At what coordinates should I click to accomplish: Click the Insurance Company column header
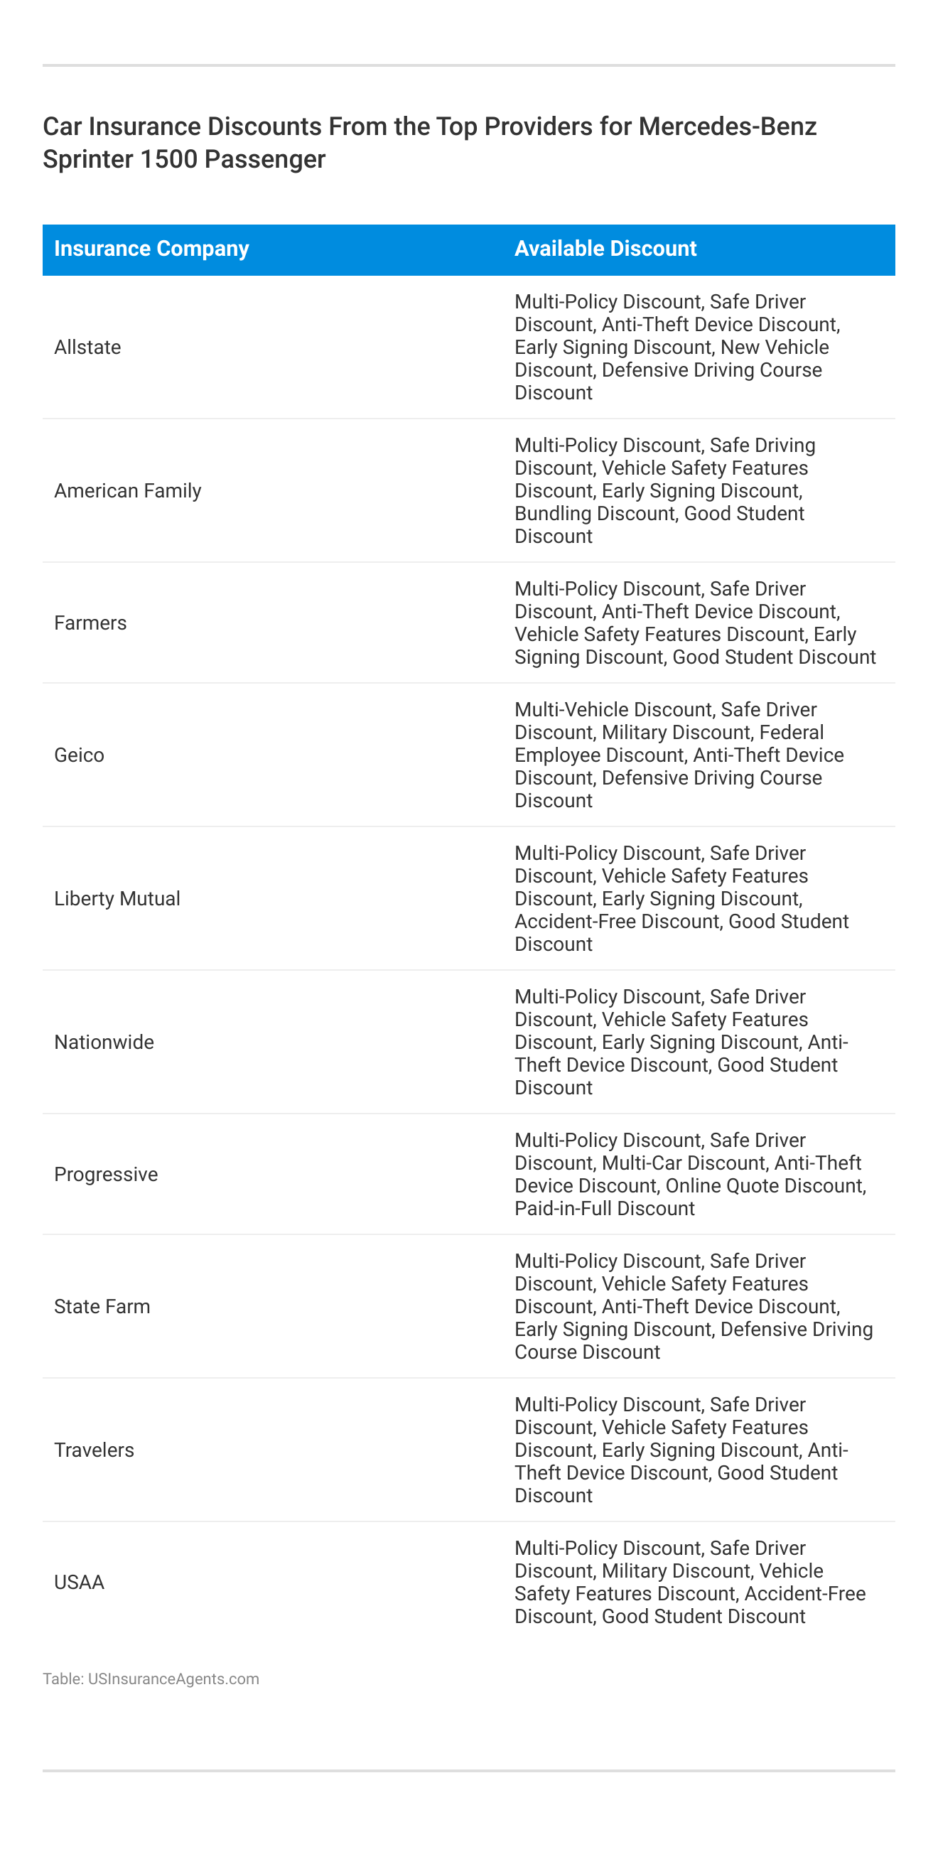(151, 249)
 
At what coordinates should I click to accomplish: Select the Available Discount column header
(605, 249)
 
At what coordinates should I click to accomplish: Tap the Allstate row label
(87, 347)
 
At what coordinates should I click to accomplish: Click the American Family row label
(128, 491)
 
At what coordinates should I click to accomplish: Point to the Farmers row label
(90, 623)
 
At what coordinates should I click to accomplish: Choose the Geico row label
(80, 755)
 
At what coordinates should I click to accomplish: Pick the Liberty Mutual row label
(117, 898)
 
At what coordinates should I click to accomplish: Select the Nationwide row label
(104, 1042)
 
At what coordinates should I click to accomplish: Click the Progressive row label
(106, 1174)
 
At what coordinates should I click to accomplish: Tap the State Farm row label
(102, 1306)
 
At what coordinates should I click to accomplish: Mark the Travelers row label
(94, 1450)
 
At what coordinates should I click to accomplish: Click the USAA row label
(80, 1582)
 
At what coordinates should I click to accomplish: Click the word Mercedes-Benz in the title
(728, 126)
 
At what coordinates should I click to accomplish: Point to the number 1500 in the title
(165, 158)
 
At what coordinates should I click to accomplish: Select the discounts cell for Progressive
(690, 1174)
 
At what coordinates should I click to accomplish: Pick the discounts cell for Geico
(678, 755)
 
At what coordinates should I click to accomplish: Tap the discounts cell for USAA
(690, 1582)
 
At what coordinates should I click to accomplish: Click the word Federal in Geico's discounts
(791, 733)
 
